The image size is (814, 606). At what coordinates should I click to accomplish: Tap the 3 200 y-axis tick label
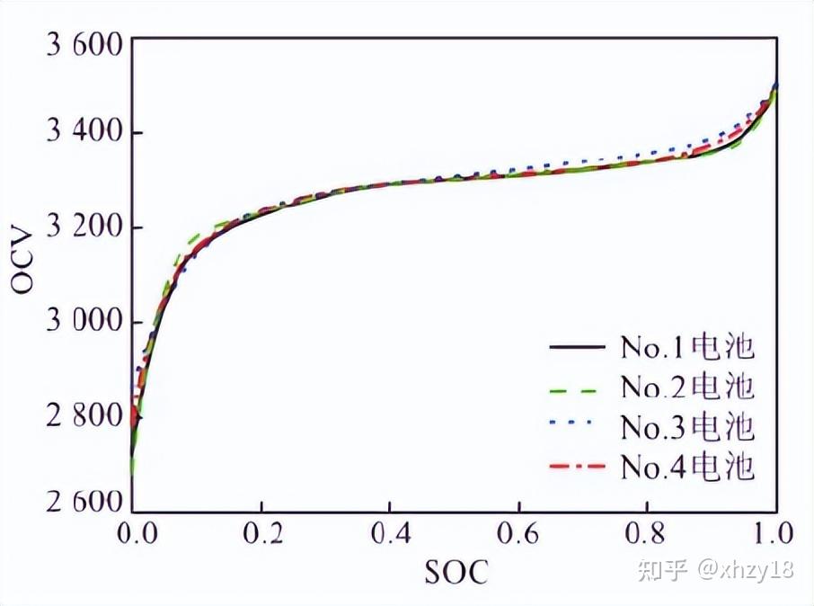(80, 229)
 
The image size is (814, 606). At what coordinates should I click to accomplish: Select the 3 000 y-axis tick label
(80, 322)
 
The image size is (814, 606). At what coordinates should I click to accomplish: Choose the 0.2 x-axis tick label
(261, 533)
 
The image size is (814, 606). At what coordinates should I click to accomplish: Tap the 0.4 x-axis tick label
(390, 533)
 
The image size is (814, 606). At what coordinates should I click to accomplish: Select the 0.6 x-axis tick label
(518, 533)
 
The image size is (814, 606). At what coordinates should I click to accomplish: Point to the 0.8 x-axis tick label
(647, 533)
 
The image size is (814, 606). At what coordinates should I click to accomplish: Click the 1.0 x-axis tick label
(774, 533)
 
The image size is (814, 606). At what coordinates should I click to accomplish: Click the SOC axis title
(455, 572)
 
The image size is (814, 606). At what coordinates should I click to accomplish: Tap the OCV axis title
(24, 261)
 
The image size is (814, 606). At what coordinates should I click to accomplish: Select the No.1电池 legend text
(686, 346)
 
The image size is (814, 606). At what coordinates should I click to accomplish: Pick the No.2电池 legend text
(686, 387)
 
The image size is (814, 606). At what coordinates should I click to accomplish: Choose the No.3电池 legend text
(686, 426)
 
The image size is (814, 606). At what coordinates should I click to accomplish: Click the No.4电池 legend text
(686, 467)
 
